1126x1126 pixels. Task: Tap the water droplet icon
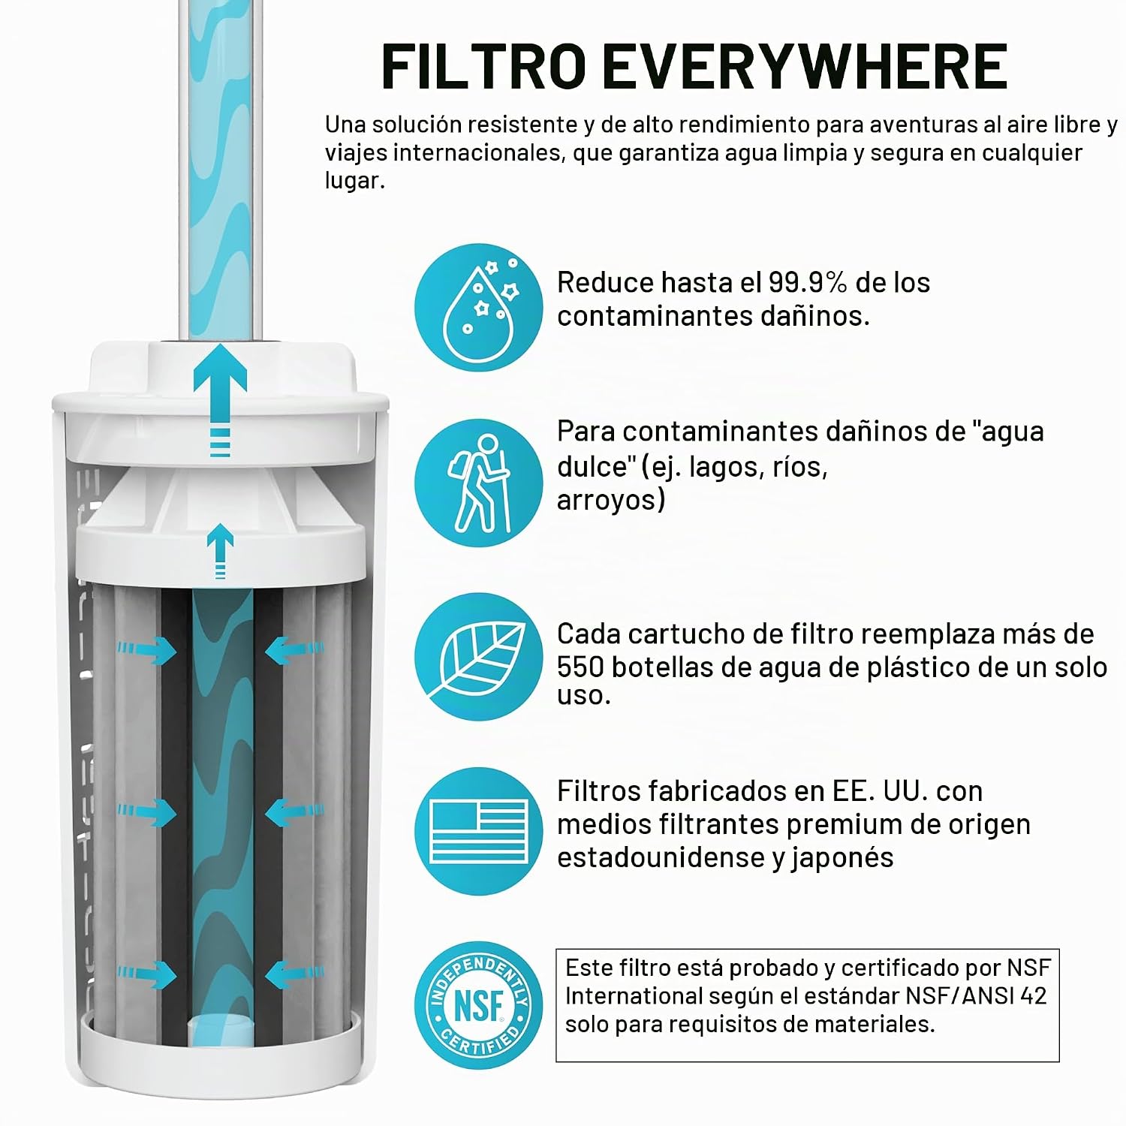pos(479,307)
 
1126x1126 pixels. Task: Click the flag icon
pos(479,832)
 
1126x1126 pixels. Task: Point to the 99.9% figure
pos(808,283)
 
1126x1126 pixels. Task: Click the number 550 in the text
pos(583,667)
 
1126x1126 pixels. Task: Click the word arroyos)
pos(611,501)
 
